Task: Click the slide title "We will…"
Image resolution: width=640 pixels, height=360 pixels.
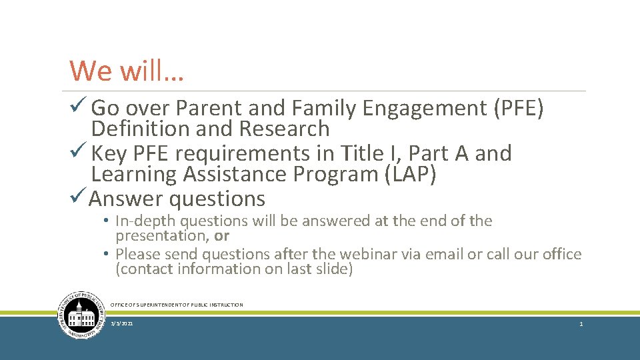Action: [x=127, y=71]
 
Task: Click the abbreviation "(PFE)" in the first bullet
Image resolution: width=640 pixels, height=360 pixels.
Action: [x=518, y=107]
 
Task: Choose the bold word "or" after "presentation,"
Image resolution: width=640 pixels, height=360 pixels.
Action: [x=222, y=235]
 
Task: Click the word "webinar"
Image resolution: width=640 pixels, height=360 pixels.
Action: [x=371, y=254]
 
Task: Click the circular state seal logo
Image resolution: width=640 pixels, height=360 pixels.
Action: [x=82, y=315]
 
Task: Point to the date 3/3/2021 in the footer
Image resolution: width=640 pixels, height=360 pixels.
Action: [x=122, y=323]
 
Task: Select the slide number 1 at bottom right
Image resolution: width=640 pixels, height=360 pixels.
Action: [x=581, y=323]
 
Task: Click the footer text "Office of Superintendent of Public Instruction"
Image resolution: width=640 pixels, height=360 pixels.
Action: [x=177, y=305]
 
